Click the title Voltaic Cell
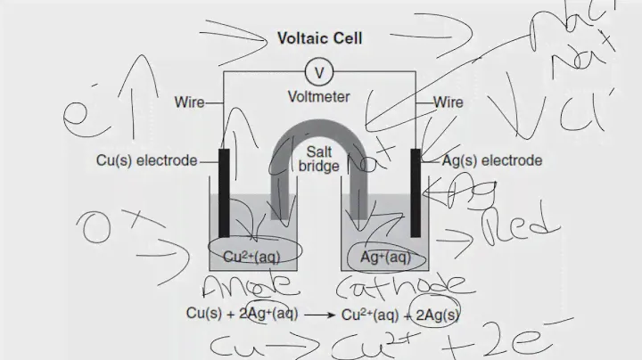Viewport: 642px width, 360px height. click(x=319, y=38)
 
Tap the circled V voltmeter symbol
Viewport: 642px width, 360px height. click(x=318, y=70)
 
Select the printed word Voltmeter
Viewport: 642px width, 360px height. click(x=318, y=95)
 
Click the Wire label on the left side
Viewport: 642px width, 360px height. click(x=190, y=102)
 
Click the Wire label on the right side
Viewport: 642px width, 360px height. click(x=449, y=102)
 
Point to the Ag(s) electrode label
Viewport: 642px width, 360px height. click(x=491, y=161)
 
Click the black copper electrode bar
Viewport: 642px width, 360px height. click(x=224, y=192)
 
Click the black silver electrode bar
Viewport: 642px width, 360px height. click(x=416, y=192)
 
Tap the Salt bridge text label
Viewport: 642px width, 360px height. click(x=318, y=160)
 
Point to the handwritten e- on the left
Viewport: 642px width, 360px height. click(x=83, y=113)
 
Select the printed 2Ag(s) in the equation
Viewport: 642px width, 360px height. click(x=437, y=314)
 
